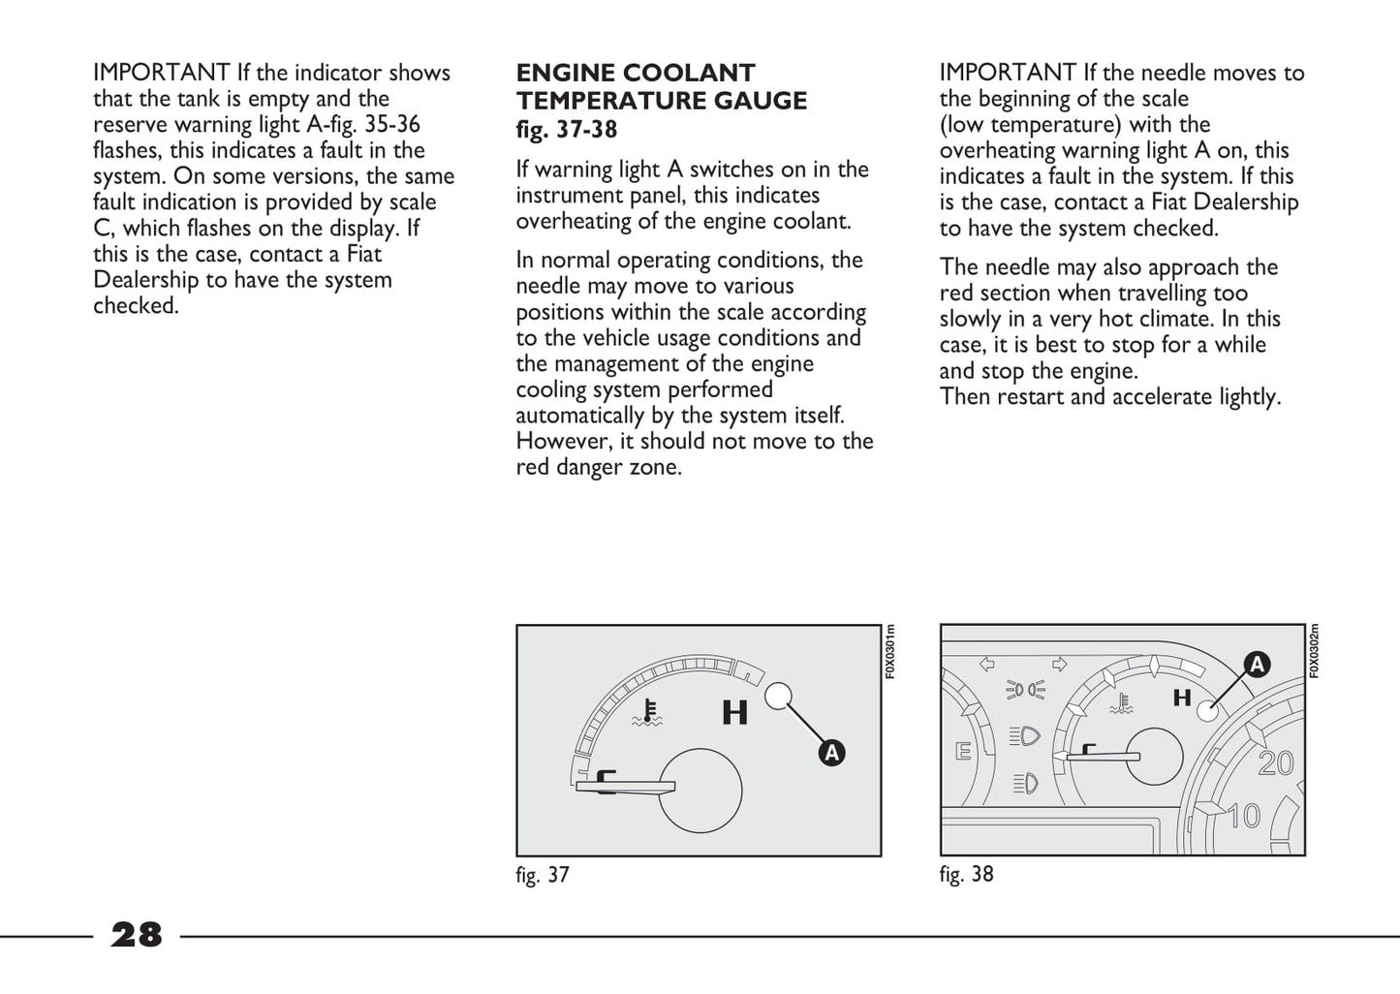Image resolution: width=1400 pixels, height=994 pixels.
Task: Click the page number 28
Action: pos(137,935)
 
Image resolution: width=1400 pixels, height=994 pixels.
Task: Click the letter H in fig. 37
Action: pos(735,713)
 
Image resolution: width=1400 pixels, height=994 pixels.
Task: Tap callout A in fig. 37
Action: pos(831,753)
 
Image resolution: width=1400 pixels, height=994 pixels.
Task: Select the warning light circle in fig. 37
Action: pos(778,696)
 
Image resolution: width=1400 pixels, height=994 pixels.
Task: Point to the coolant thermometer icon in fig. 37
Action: pos(647,712)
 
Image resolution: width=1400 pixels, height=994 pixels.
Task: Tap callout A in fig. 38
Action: pos(1257,665)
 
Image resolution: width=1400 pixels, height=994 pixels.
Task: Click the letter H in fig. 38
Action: pos(1182,698)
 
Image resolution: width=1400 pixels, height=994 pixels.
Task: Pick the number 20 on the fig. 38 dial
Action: pos(1276,764)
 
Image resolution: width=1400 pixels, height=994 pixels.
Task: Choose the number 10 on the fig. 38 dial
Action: pos(1244,817)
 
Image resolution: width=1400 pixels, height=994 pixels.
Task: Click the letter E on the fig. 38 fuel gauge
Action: pos(963,752)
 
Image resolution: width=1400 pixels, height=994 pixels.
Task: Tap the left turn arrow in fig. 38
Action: pos(988,665)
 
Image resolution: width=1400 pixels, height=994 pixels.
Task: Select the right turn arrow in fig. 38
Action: pos(1059,665)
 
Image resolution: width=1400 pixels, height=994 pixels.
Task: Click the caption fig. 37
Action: pos(543,875)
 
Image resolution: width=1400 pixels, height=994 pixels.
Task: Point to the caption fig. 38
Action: pos(966,874)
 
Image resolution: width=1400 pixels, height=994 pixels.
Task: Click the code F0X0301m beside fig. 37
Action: pos(890,651)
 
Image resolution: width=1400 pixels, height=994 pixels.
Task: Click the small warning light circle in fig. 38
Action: pos(1206,711)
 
